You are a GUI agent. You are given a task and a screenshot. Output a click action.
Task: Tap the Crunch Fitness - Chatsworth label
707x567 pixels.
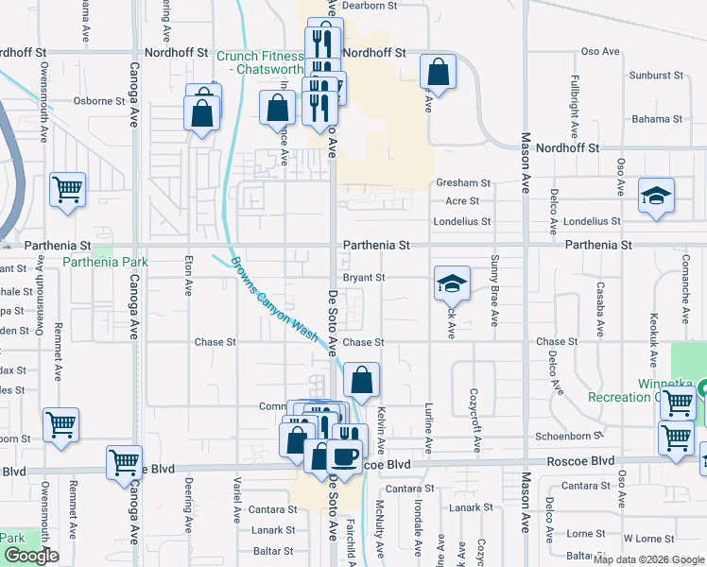[260, 62]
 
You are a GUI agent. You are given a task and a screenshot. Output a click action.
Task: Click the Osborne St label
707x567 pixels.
[93, 100]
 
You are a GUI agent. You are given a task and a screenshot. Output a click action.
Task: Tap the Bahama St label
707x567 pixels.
[657, 119]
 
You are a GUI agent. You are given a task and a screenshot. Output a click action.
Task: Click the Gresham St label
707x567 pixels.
[462, 182]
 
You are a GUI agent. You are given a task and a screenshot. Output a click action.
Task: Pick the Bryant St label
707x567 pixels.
[364, 278]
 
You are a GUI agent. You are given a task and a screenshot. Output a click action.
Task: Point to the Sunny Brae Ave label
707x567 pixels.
[493, 290]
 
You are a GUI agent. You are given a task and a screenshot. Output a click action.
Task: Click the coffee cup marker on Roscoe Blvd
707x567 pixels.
[343, 455]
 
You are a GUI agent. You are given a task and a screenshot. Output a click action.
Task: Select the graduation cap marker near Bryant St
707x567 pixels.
[453, 283]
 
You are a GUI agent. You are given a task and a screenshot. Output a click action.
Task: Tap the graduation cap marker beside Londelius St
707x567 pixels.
[656, 196]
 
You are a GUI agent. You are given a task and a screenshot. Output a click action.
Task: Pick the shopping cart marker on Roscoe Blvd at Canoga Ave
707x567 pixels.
[124, 463]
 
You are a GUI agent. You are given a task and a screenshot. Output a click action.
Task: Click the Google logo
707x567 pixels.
[31, 557]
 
